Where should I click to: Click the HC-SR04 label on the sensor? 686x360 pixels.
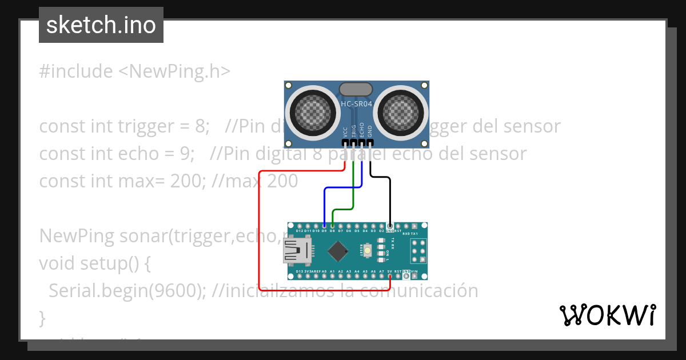tap(357, 104)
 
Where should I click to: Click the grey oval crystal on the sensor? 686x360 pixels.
tap(356, 89)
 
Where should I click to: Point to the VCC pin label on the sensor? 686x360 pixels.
tap(345, 131)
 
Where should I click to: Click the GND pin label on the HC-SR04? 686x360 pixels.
tap(370, 131)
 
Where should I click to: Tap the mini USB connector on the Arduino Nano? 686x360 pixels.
tap(298, 251)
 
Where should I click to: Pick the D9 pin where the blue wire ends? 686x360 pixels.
tap(324, 226)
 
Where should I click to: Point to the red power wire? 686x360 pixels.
tap(260, 229)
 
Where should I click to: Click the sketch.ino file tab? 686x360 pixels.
tap(101, 25)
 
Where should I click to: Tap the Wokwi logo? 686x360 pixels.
tap(607, 315)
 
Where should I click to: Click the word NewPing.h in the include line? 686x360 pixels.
tap(174, 71)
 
